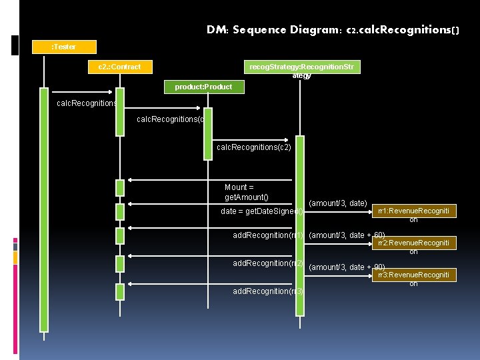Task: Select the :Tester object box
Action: point(64,47)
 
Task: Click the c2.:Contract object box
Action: point(120,67)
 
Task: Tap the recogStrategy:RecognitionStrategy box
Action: point(301,67)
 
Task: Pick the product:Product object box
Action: point(204,87)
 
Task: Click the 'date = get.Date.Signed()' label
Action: point(261,212)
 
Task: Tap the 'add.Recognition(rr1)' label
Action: point(267,235)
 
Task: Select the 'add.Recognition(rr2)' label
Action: point(267,263)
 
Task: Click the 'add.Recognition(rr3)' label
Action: point(267,291)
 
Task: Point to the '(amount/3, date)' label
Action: point(338,203)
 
